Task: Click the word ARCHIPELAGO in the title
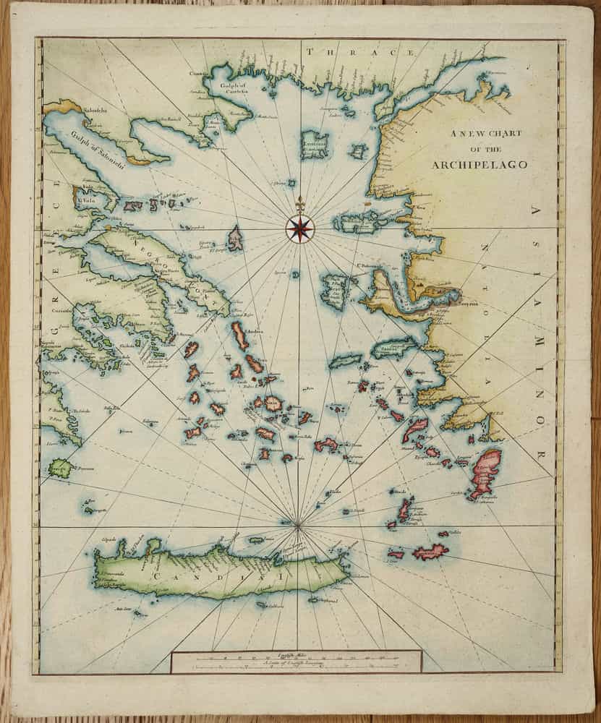pos(479,165)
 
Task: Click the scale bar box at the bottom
pos(296,661)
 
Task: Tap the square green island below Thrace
pos(315,145)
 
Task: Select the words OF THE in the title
pos(480,150)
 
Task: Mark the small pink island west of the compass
pos(235,238)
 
